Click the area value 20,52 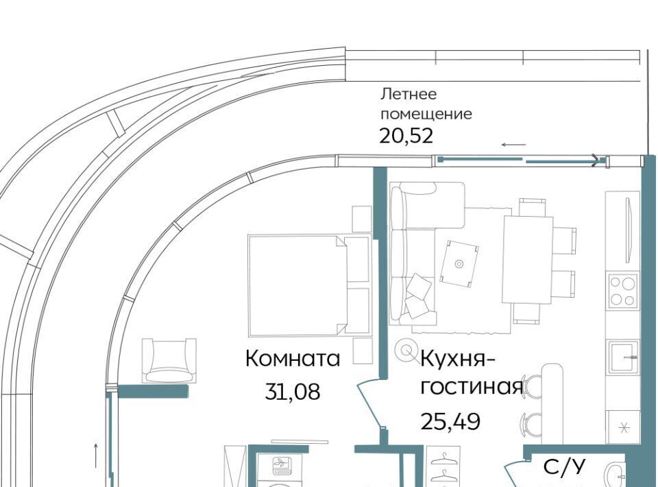(x=406, y=136)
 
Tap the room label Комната (x=293, y=359)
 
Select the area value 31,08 (x=293, y=392)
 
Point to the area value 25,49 (x=450, y=421)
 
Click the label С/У (x=564, y=467)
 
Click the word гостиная (x=472, y=388)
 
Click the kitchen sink (x=624, y=357)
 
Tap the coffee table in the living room (x=459, y=263)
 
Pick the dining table (x=528, y=259)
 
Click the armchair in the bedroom (x=169, y=361)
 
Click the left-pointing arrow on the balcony (x=513, y=145)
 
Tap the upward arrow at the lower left (x=96, y=455)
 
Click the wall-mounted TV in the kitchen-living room (x=628, y=230)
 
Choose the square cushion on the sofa (x=419, y=286)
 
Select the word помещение (x=426, y=114)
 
